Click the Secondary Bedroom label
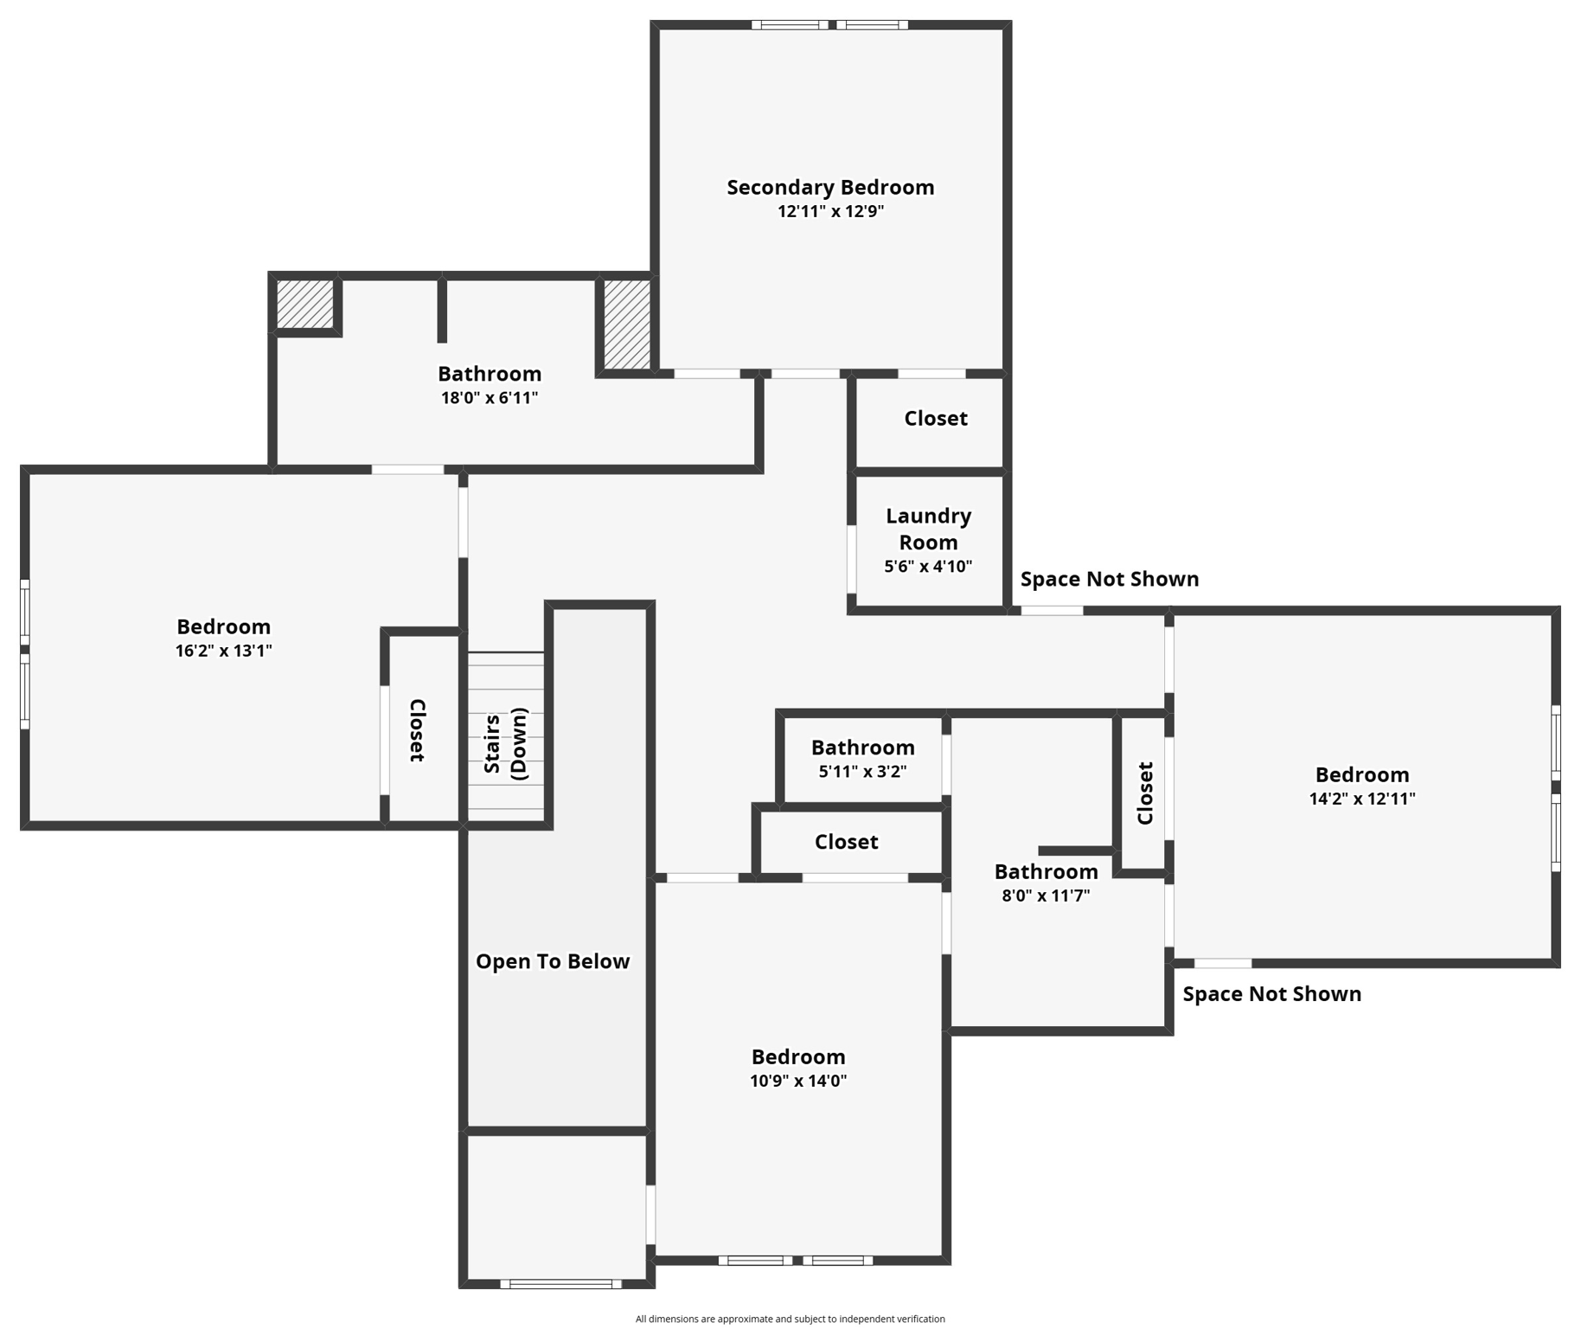829,188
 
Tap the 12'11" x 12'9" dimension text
829,212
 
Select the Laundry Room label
928,529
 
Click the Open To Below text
552,961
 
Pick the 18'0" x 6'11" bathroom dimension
489,398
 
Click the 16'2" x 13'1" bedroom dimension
223,651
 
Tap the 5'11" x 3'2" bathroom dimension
861,771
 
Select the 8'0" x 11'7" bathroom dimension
1045,896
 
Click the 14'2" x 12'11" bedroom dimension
1361,799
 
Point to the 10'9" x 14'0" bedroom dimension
797,1081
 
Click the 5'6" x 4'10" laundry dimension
927,567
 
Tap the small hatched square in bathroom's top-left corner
304,303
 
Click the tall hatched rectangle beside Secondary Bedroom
626,324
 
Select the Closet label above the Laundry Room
935,419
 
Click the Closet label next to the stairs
417,730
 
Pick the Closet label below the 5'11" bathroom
846,842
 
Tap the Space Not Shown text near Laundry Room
1109,579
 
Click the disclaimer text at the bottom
790,1319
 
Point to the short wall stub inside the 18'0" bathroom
442,310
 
